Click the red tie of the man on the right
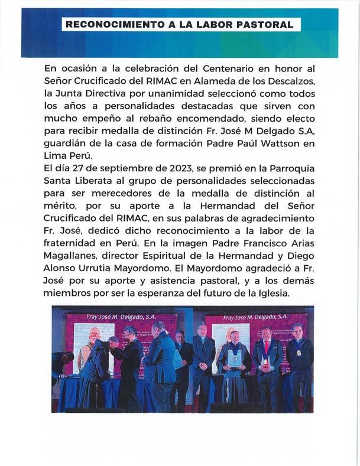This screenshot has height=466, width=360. click(267, 348)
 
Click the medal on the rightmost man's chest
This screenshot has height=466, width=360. click(299, 353)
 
